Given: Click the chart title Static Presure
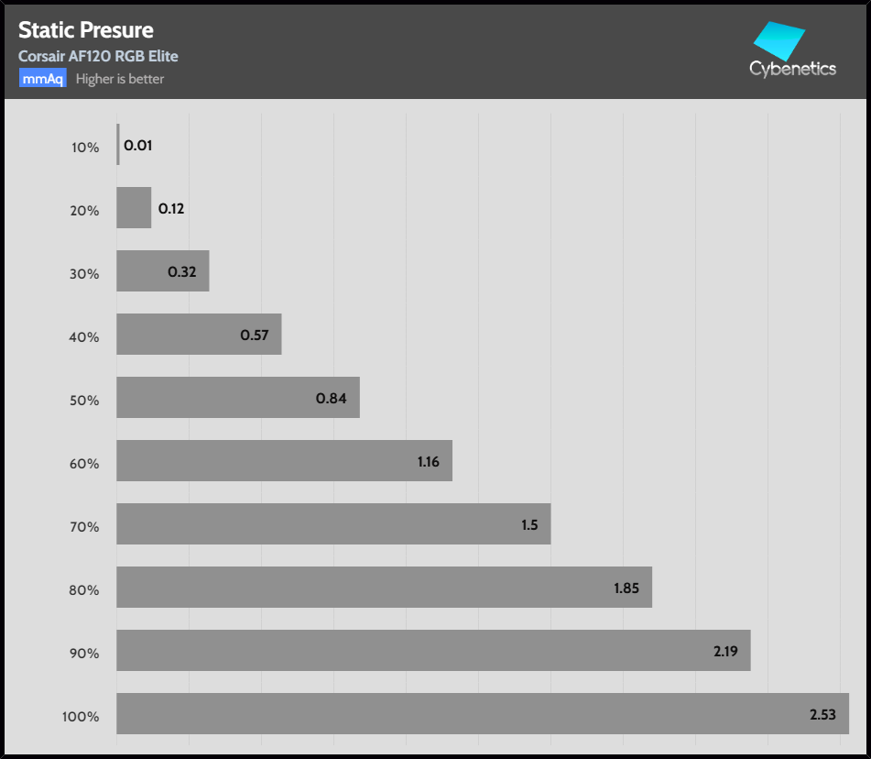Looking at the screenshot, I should click(x=86, y=31).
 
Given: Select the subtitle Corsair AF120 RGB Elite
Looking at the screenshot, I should click(x=98, y=56).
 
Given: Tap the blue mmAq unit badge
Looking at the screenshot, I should click(x=42, y=79).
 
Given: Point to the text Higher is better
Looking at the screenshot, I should click(x=120, y=79).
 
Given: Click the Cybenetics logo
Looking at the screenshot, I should click(x=791, y=53).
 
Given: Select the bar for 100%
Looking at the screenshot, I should click(x=458, y=713).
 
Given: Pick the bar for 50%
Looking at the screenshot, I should click(x=220, y=397).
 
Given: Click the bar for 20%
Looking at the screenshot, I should click(x=134, y=208).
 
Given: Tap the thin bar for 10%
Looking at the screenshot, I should click(x=118, y=145).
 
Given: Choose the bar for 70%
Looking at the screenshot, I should click(x=321, y=523).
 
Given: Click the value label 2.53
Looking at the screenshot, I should click(x=822, y=715).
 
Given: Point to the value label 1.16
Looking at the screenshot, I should click(x=429, y=462).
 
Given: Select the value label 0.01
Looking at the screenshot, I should click(x=137, y=146).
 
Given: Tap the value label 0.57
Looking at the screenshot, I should click(x=255, y=335).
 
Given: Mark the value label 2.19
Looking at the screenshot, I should click(x=725, y=652).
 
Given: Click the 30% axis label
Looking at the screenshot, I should click(x=85, y=273).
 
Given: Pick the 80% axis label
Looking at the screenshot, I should click(x=85, y=589).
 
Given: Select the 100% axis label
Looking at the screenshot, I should click(x=82, y=716).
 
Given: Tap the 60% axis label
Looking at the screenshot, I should click(x=85, y=463).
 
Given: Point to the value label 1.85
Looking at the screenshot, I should click(x=626, y=588).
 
